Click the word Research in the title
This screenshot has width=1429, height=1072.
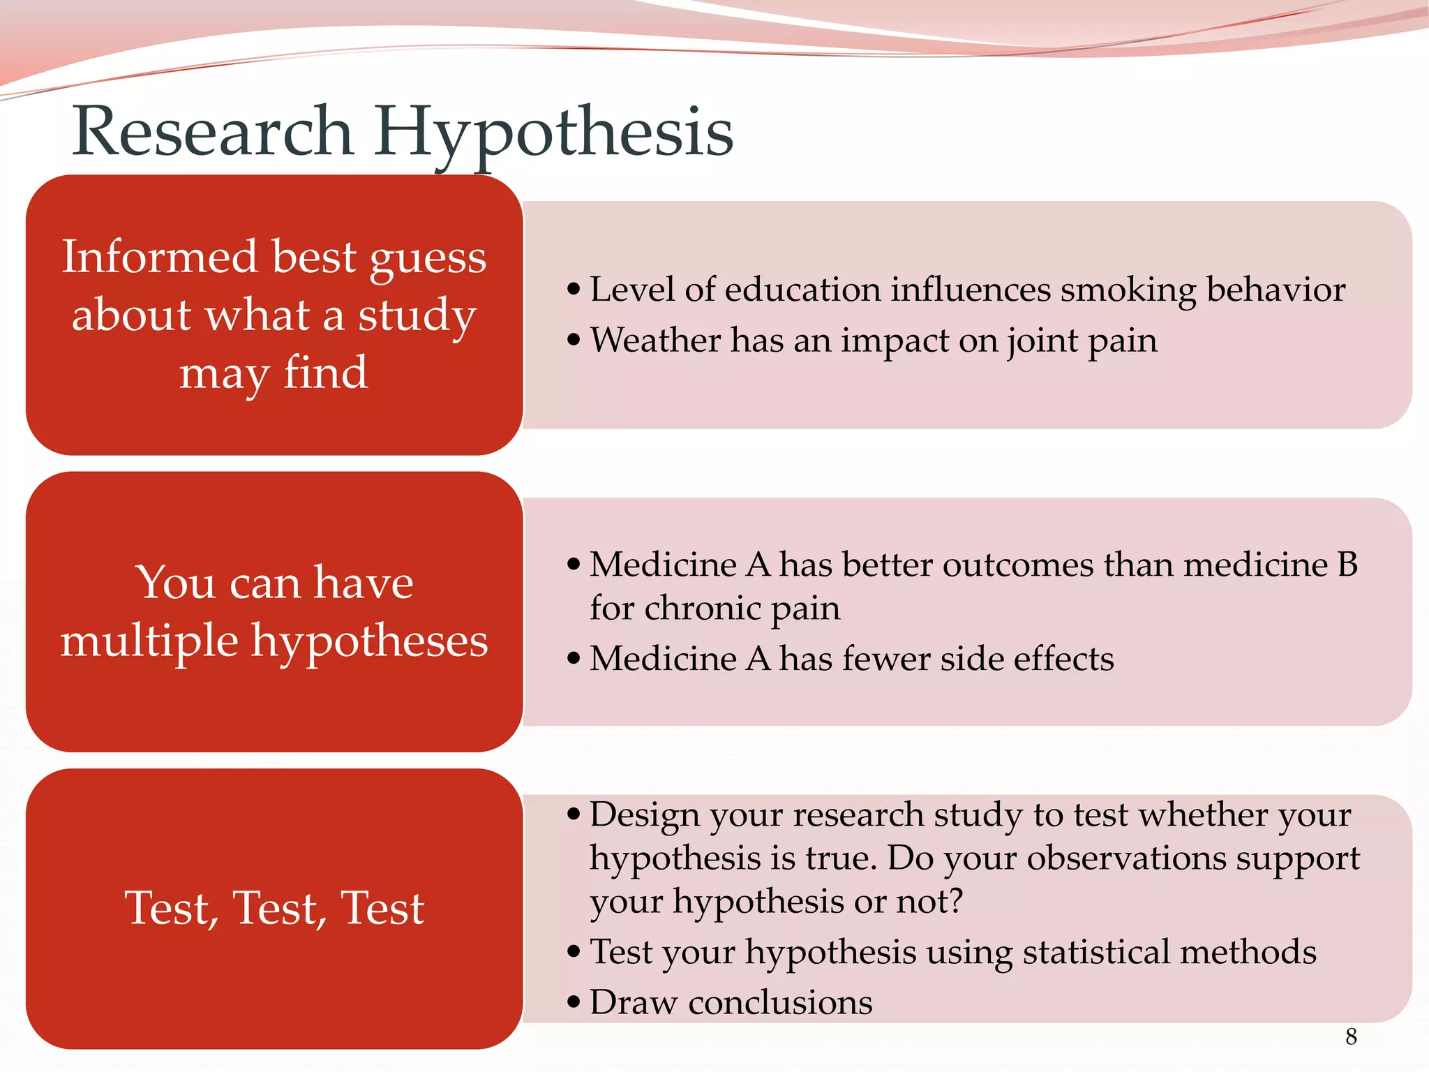click(213, 131)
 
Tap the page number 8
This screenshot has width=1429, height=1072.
click(1351, 1036)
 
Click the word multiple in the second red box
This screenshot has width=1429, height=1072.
click(149, 641)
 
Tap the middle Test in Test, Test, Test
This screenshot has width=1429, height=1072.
click(278, 908)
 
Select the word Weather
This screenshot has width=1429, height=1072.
click(655, 340)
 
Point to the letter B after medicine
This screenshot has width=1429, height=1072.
click(1347, 564)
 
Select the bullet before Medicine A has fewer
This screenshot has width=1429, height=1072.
click(574, 659)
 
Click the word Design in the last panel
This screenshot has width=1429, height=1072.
click(644, 815)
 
